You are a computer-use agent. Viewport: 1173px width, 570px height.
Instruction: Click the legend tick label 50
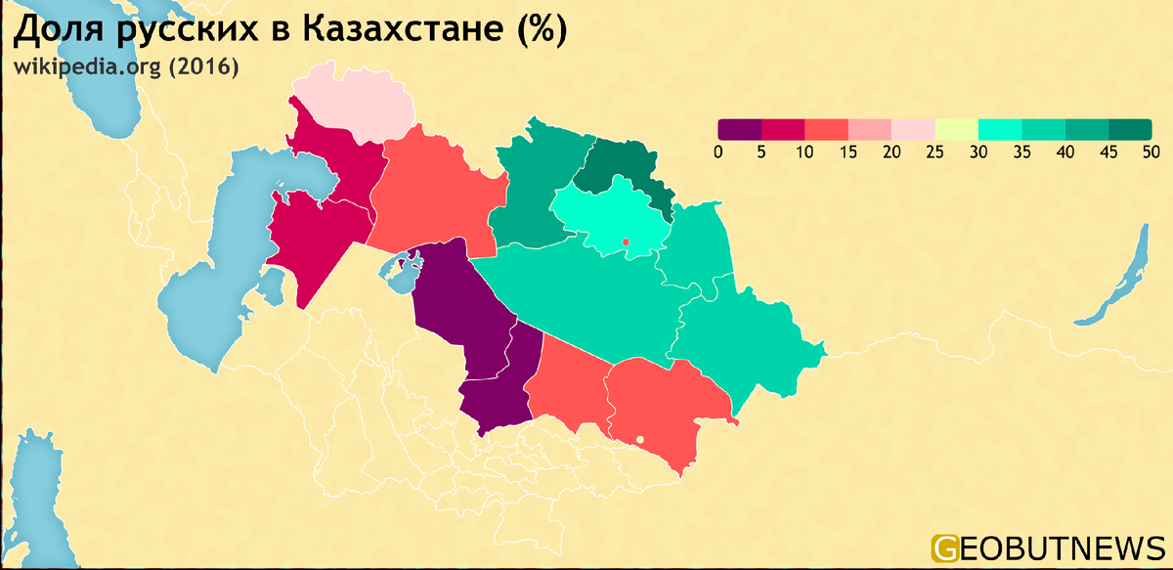(1151, 152)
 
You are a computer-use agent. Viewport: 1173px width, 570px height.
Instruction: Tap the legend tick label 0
(718, 152)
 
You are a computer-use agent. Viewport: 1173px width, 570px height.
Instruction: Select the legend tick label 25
(934, 152)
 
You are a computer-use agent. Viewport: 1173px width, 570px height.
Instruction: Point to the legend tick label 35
(1021, 152)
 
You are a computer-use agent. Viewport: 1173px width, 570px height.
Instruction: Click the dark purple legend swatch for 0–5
(740, 129)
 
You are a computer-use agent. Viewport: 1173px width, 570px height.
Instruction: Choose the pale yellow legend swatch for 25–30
(956, 129)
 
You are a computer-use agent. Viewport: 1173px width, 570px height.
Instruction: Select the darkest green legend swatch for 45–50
(1129, 129)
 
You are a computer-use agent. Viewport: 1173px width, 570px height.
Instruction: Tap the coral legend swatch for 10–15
(826, 129)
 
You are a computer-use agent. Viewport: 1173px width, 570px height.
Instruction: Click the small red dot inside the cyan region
(624, 241)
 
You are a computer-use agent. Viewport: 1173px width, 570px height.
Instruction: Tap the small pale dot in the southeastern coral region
(639, 440)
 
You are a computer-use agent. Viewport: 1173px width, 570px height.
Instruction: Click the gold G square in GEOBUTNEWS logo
(945, 548)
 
